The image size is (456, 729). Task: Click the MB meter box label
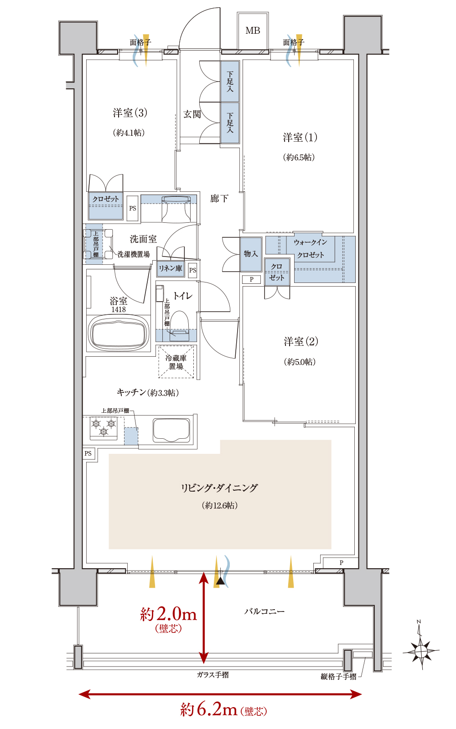click(x=253, y=31)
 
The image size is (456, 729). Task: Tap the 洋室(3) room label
click(x=130, y=113)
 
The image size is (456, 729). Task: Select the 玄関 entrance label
click(x=192, y=114)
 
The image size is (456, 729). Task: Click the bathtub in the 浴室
click(x=119, y=333)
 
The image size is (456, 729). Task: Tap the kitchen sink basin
click(x=171, y=430)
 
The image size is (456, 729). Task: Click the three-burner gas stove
click(x=104, y=428)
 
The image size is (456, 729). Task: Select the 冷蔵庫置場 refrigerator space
click(x=176, y=362)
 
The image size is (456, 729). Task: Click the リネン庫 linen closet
click(x=171, y=269)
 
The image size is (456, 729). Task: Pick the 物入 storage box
click(x=251, y=254)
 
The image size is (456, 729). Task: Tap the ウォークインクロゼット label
click(x=311, y=248)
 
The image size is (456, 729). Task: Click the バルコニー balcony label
click(x=264, y=611)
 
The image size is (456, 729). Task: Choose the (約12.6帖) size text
click(x=220, y=505)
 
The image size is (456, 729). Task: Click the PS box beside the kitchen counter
click(x=88, y=453)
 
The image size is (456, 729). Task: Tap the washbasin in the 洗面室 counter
click(x=176, y=209)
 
